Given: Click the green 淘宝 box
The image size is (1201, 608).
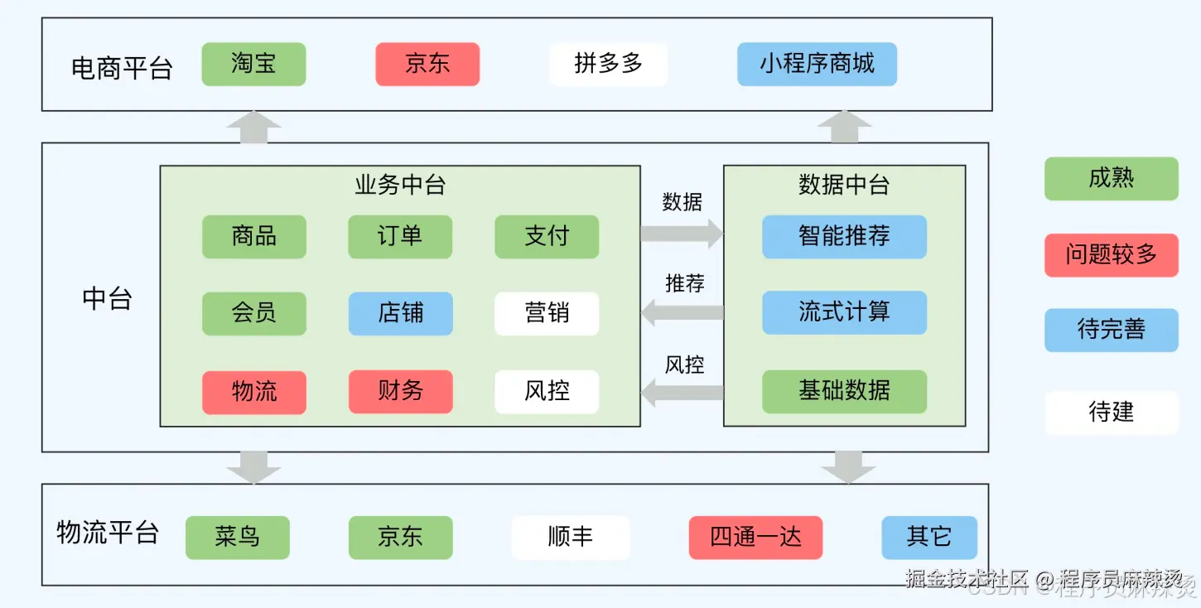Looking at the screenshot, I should point(253,65).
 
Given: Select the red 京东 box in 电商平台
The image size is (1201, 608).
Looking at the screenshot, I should point(427,65).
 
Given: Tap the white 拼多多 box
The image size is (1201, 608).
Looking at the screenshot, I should point(609,65).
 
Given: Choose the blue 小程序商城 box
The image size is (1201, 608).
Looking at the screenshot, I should point(817,65).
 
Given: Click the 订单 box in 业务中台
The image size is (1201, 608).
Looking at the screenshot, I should point(400,237).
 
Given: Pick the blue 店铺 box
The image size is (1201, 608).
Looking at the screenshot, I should point(400,313).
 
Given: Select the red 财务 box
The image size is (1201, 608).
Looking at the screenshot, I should point(400,392).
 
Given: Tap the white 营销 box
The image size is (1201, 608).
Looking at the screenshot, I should point(547,313).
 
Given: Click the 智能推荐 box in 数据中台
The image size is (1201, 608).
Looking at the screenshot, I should point(844,237).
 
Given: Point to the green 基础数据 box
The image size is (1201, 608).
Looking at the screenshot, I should point(844,392).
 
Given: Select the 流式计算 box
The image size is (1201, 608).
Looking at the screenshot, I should point(844,312).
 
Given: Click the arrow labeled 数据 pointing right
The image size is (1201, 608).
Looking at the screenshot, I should point(682,234).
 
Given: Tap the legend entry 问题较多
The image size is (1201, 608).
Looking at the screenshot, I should point(1111,255).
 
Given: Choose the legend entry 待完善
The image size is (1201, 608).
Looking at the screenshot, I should point(1111,331).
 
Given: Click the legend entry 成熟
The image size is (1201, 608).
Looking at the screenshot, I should point(1111,179).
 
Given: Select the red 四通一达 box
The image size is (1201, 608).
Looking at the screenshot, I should point(755,538).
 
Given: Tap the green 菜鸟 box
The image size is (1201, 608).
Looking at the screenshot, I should point(238,538).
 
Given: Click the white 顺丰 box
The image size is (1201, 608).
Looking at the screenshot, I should point(571,538).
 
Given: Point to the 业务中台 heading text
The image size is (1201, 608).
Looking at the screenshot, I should point(400,186).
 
